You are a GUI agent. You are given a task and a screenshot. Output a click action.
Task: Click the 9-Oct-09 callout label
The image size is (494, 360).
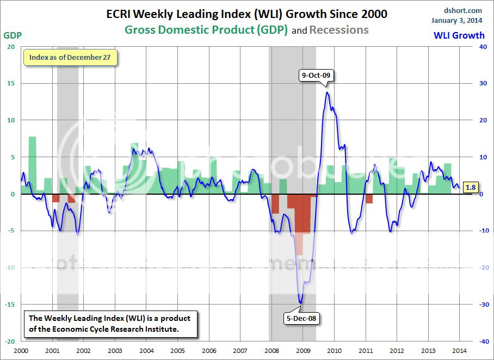click(x=316, y=76)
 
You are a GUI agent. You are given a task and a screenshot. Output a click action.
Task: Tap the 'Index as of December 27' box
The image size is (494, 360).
click(x=70, y=57)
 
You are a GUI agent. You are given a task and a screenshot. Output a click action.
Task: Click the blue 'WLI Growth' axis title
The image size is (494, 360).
click(x=459, y=36)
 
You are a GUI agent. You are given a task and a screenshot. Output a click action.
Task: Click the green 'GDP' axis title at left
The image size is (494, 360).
click(x=13, y=36)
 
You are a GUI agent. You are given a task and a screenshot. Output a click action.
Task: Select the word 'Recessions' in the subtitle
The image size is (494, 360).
click(x=339, y=30)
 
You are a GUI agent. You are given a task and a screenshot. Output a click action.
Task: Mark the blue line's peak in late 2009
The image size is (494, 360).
click(x=327, y=92)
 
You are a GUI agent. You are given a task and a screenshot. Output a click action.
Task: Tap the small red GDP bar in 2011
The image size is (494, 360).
click(x=369, y=198)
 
